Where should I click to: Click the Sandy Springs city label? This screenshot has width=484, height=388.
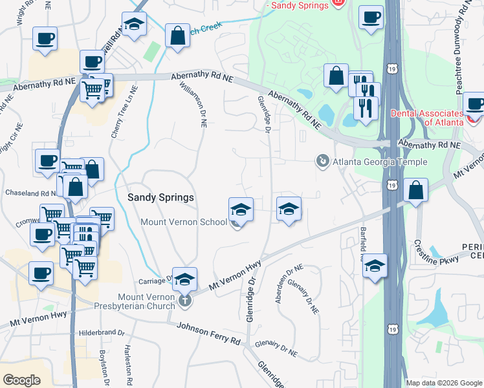pos(161,197)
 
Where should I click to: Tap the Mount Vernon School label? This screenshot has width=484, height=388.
pos(184,222)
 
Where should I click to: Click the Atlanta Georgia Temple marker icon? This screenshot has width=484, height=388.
pos(322,160)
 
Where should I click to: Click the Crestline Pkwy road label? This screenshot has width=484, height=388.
pos(437,253)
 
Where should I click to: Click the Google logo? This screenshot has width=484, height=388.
pos(22,380)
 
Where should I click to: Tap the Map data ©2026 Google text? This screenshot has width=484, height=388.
pos(444,383)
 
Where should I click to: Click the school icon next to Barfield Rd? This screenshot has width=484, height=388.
pos(375,266)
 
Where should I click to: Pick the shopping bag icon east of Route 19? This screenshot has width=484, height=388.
pos(416,190)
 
